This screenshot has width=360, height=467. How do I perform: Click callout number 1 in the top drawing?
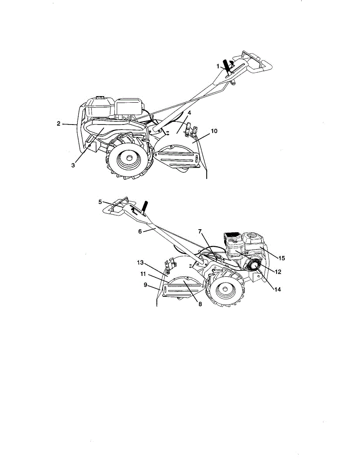pyautogui.click(x=218, y=66)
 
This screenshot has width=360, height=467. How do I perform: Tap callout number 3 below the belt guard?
pyautogui.click(x=73, y=165)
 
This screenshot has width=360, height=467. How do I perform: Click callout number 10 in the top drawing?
pyautogui.click(x=214, y=131)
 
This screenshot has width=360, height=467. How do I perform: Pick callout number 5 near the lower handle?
pyautogui.click(x=100, y=202)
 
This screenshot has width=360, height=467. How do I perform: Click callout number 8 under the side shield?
pyautogui.click(x=200, y=304)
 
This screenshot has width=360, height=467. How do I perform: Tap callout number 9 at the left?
pyautogui.click(x=145, y=284)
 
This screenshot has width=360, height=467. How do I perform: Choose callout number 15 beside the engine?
pyautogui.click(x=281, y=258)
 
